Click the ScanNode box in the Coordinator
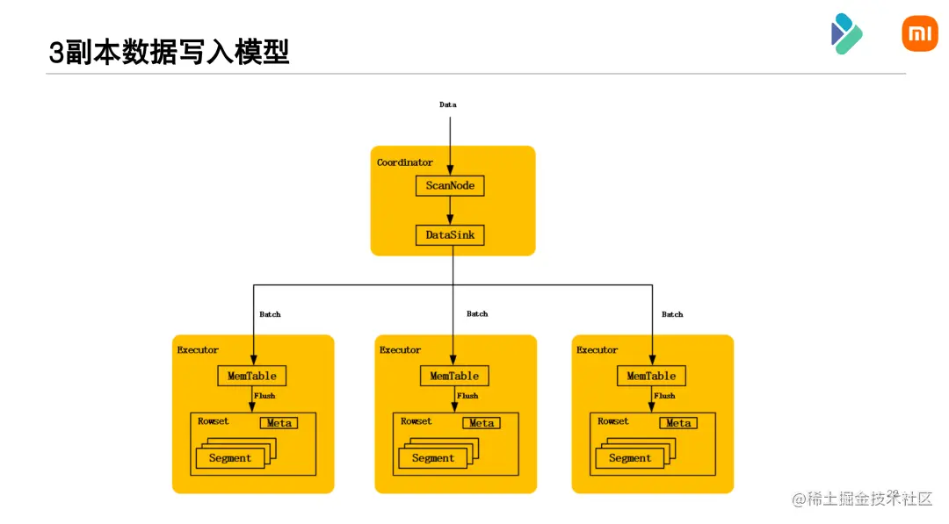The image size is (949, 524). click(x=450, y=185)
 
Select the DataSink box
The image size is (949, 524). click(x=450, y=235)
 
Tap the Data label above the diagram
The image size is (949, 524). click(x=448, y=104)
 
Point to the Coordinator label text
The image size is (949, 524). click(x=405, y=162)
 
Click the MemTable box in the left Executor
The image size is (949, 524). click(x=252, y=376)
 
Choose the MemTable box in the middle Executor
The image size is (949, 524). click(x=454, y=376)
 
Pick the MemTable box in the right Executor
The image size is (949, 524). click(x=651, y=376)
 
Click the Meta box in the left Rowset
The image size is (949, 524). click(x=279, y=423)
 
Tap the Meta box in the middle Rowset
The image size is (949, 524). click(x=482, y=423)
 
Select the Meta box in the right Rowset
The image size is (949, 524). click(x=678, y=423)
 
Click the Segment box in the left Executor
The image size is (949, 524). click(x=230, y=458)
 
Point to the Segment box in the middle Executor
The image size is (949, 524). click(x=432, y=458)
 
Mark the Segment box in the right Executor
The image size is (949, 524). click(x=630, y=458)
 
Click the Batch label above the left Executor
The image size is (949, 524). click(x=270, y=314)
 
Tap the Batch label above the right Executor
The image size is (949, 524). click(x=672, y=314)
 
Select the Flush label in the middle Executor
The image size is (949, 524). click(x=467, y=396)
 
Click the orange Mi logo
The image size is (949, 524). click(x=920, y=33)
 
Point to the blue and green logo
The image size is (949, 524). click(x=847, y=34)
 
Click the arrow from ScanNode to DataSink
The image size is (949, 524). click(x=450, y=211)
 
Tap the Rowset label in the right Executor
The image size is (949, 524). click(x=613, y=421)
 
